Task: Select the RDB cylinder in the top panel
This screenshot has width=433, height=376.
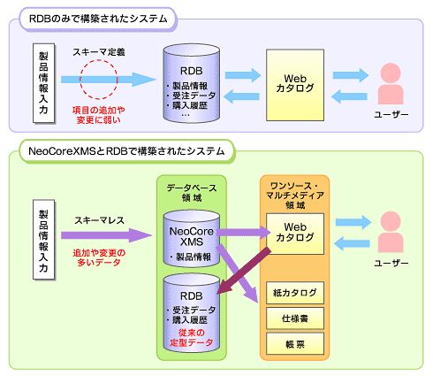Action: [x=192, y=83]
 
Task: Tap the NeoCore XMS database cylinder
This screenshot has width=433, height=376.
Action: [x=192, y=238]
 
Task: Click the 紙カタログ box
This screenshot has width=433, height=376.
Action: [x=295, y=293]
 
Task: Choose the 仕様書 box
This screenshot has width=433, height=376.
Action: [x=295, y=318]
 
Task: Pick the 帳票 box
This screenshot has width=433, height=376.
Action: [x=295, y=344]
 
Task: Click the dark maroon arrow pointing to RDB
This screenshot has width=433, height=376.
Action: [x=244, y=271]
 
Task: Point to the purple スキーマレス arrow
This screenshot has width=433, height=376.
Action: [x=106, y=235]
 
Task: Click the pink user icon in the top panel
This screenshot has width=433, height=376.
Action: [x=391, y=83]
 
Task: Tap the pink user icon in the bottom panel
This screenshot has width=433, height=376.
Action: [x=391, y=232]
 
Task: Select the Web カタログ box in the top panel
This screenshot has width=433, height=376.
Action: [x=295, y=85]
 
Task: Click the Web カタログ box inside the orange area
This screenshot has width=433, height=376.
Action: [x=295, y=234]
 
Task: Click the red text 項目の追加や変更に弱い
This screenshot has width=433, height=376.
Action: [x=99, y=115]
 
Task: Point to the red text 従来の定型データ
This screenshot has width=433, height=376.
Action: [x=192, y=338]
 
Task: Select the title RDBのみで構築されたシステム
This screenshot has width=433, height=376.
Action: [x=98, y=19]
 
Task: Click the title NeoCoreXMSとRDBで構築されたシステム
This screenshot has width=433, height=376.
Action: [x=126, y=151]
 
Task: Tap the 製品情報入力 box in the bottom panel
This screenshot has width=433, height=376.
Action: [x=43, y=240]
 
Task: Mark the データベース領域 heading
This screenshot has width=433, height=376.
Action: [x=192, y=193]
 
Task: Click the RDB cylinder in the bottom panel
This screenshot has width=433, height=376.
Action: [x=192, y=313]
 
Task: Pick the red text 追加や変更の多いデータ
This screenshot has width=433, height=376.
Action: [x=99, y=257]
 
